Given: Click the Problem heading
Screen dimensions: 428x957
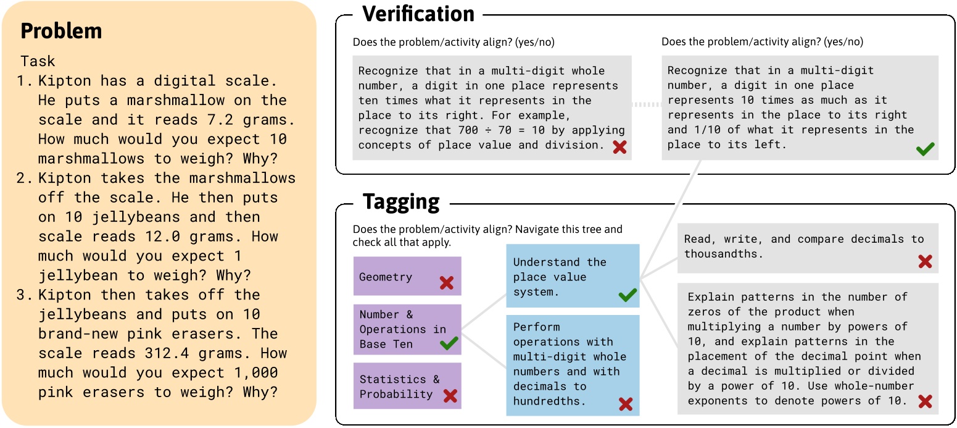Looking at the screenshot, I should pyautogui.click(x=61, y=31).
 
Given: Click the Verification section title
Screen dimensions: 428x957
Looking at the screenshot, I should pyautogui.click(x=418, y=14).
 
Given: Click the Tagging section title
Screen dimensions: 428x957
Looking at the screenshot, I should pyautogui.click(x=401, y=201).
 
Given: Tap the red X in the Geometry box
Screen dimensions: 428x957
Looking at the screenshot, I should pyautogui.click(x=447, y=283).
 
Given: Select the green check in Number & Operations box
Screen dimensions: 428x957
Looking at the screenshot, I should pyautogui.click(x=449, y=343).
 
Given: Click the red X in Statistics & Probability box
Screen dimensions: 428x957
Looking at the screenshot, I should pyautogui.click(x=450, y=396).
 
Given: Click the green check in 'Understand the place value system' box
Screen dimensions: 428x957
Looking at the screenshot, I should pyautogui.click(x=627, y=296).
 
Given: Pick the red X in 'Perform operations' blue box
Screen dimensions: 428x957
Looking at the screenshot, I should pyautogui.click(x=626, y=405).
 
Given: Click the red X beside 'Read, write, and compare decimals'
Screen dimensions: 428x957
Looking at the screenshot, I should pyautogui.click(x=924, y=261).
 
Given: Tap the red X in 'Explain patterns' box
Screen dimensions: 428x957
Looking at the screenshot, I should pyautogui.click(x=924, y=402).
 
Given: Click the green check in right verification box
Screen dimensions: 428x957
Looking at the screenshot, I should pyautogui.click(x=925, y=149).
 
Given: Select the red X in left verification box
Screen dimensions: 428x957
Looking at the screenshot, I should pyautogui.click(x=619, y=148).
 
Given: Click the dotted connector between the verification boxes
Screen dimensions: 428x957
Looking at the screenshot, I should pyautogui.click(x=647, y=104).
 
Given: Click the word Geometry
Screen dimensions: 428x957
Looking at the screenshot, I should pyautogui.click(x=386, y=277).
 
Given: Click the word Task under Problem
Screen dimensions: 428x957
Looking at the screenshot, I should pyautogui.click(x=38, y=61).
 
